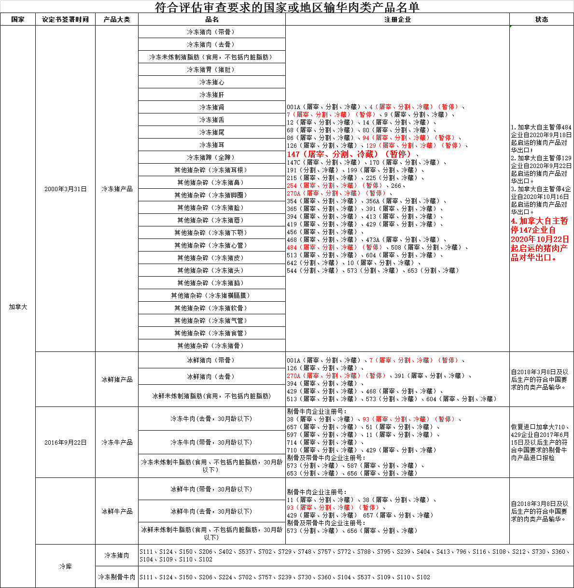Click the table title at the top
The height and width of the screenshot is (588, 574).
pyautogui.click(x=287, y=7)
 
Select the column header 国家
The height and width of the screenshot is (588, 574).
pyautogui.click(x=18, y=20)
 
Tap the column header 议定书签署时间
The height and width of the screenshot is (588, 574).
pyautogui.click(x=65, y=20)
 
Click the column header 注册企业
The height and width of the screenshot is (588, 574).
pyautogui.click(x=397, y=20)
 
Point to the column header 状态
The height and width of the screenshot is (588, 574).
pyautogui.click(x=542, y=20)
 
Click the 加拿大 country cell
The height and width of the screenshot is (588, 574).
pyautogui.click(x=18, y=307)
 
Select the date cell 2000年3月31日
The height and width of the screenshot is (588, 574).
pyautogui.click(x=65, y=189)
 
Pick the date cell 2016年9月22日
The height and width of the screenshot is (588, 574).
pyautogui.click(x=65, y=442)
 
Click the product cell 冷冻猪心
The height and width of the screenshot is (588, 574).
pyautogui.click(x=211, y=82)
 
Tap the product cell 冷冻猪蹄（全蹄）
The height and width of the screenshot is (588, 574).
pyautogui.click(x=211, y=157)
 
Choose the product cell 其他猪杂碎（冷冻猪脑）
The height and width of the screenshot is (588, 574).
pyautogui.click(x=211, y=283)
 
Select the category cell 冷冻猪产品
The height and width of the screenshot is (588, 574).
pyautogui.click(x=117, y=189)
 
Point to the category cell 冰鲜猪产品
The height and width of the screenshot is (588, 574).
pyautogui.click(x=117, y=379)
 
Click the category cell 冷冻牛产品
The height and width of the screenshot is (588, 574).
pyautogui.click(x=117, y=442)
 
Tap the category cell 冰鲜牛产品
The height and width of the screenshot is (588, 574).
pyautogui.click(x=117, y=511)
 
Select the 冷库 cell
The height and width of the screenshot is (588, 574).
pyautogui.click(x=65, y=566)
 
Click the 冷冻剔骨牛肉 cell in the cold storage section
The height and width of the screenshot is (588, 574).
pyautogui.click(x=117, y=577)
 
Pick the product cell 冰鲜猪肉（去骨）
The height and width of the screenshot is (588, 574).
pyautogui.click(x=211, y=377)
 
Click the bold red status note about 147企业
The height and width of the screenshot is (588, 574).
pyautogui.click(x=540, y=239)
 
